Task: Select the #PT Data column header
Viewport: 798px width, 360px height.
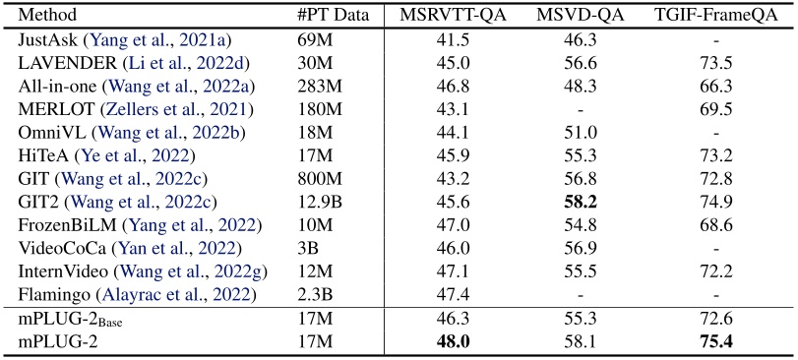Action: point(332,16)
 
